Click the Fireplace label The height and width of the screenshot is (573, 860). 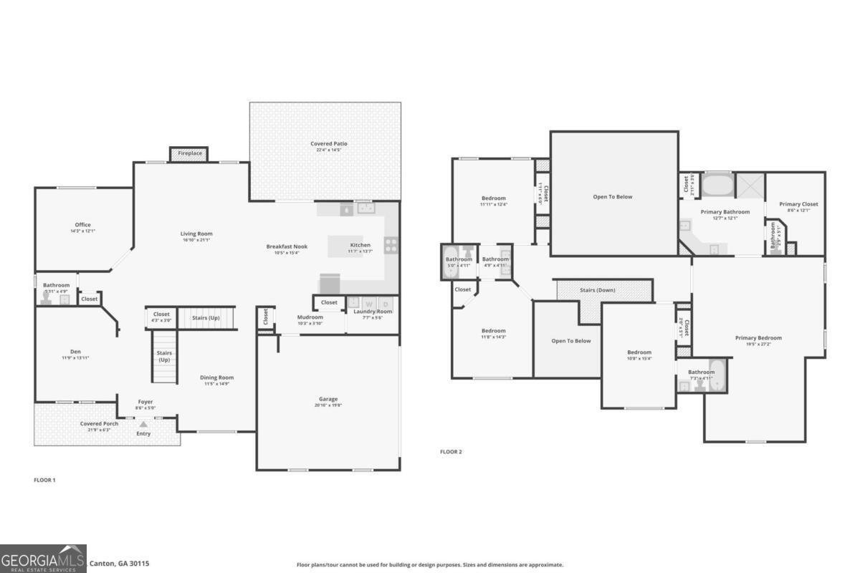(190, 153)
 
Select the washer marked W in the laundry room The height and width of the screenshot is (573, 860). (369, 304)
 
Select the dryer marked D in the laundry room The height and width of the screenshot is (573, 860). (386, 304)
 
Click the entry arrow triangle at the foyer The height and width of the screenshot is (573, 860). (143, 425)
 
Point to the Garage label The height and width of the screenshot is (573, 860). (328, 399)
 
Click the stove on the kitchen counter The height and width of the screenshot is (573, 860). (391, 245)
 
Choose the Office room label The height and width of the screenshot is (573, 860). (83, 225)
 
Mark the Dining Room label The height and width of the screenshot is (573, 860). (216, 377)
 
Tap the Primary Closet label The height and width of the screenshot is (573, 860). (798, 204)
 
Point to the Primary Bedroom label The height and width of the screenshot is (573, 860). (758, 338)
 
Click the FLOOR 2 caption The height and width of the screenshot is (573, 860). (451, 452)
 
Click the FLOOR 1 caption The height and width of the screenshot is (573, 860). (44, 480)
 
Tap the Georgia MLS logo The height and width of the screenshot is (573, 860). (43, 559)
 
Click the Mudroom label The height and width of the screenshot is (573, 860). (310, 317)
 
